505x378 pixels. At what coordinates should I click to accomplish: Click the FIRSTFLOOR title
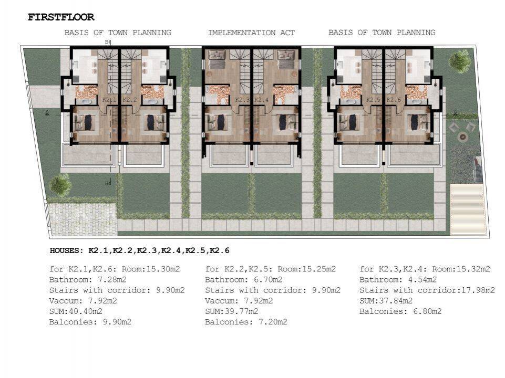(x=61, y=17)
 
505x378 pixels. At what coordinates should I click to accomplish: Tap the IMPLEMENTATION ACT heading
(x=251, y=33)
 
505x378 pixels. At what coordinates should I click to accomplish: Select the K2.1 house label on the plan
(x=109, y=100)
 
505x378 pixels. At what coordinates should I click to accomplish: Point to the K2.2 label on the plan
(x=129, y=100)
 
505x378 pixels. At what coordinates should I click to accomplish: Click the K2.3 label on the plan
(x=242, y=100)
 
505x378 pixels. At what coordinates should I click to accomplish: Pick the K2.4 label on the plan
(x=261, y=100)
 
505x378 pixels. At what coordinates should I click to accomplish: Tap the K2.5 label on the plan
(x=373, y=100)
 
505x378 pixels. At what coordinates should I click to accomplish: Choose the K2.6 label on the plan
(x=394, y=100)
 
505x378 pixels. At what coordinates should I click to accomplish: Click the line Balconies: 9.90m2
(x=90, y=322)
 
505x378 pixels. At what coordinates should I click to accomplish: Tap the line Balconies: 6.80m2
(x=400, y=311)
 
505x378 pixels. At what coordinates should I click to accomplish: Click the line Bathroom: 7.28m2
(x=88, y=280)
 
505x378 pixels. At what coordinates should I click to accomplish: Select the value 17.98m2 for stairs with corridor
(x=476, y=290)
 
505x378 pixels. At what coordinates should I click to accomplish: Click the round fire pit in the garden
(x=462, y=138)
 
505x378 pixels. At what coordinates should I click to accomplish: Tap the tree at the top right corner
(x=460, y=61)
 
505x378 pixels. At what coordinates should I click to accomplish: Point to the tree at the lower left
(x=60, y=185)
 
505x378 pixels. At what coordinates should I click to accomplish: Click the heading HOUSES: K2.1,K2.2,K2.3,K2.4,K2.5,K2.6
(x=139, y=251)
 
